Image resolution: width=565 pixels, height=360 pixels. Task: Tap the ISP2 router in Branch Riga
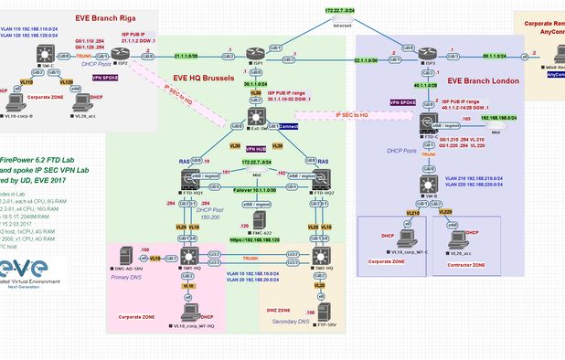click(x=123, y=58)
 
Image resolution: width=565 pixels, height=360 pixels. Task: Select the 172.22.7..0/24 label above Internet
click(x=318, y=8)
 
